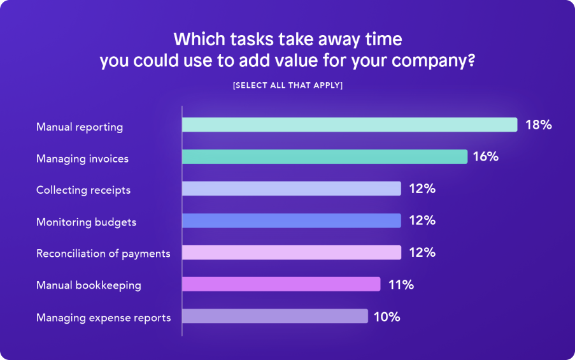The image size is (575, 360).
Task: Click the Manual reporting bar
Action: coord(349,125)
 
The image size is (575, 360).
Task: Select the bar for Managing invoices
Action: coord(325,157)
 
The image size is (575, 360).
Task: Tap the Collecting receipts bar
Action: coord(291,189)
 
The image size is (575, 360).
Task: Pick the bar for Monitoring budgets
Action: coord(291,220)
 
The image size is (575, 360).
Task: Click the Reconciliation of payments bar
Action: coord(291,252)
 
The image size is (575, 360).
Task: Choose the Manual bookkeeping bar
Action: coord(281,284)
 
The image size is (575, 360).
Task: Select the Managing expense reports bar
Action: coord(274,316)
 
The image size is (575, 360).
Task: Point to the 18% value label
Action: coord(538,125)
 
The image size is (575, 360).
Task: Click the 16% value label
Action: coord(485,157)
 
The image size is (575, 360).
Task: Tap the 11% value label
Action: coord(401,285)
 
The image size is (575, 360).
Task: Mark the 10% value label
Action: coord(387,317)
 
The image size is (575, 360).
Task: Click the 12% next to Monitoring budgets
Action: coord(422,220)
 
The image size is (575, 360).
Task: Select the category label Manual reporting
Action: coord(80,127)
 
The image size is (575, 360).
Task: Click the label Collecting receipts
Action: coord(83,190)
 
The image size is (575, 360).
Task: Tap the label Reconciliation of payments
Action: coord(103,254)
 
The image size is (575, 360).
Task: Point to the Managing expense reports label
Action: coord(103,317)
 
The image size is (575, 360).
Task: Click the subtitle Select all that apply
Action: coord(288,85)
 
